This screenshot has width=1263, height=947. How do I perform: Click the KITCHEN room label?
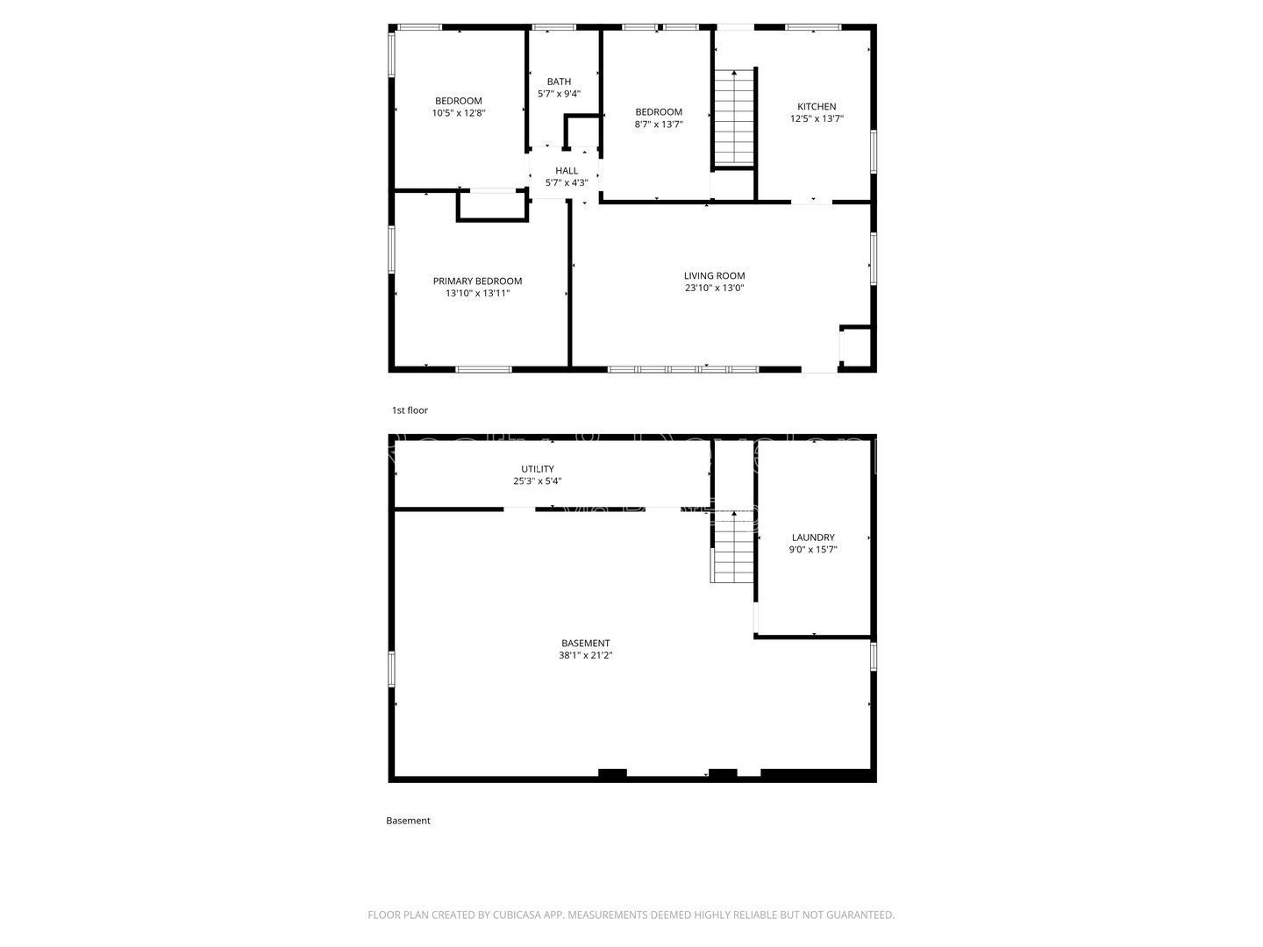click(x=816, y=107)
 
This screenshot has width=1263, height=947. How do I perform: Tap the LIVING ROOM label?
click(x=714, y=275)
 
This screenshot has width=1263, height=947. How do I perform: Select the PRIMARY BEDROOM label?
click(x=477, y=281)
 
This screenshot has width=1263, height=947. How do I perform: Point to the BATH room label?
click(x=559, y=82)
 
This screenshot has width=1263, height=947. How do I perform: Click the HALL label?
click(x=567, y=171)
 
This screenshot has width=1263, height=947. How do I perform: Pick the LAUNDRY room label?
click(x=813, y=538)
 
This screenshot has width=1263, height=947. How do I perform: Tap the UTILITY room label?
click(x=537, y=469)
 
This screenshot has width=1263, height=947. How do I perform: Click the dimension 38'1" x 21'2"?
click(x=585, y=655)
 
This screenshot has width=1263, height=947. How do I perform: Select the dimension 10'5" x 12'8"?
click(x=459, y=112)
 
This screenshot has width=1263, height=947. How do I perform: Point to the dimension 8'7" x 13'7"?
click(x=658, y=125)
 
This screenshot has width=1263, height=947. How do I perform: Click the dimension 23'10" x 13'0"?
click(x=714, y=288)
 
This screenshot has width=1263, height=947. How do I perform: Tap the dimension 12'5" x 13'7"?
click(x=816, y=118)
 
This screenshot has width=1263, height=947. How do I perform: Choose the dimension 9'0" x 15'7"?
click(x=813, y=550)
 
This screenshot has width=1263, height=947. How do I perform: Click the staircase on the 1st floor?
click(x=733, y=116)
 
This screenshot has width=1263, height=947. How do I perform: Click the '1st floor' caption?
click(x=410, y=410)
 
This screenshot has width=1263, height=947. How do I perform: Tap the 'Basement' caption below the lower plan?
click(x=408, y=821)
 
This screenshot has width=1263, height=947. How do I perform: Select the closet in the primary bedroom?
click(x=491, y=205)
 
